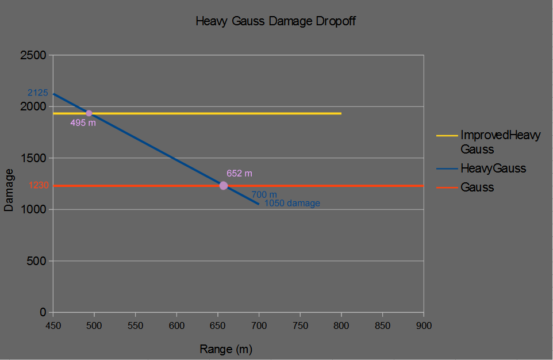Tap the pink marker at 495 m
tap(89, 113)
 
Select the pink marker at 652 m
tap(224, 185)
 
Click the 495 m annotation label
tap(83, 123)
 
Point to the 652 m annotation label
tap(239, 173)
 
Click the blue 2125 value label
tap(38, 93)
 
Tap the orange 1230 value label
tap(39, 185)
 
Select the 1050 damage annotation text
tap(292, 203)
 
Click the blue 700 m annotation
tap(264, 195)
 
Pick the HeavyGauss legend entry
tap(493, 168)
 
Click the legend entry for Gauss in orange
tap(477, 187)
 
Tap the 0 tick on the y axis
tap(43, 312)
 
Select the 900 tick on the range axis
tap(424, 325)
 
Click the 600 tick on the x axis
tap(176, 325)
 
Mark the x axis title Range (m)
tap(226, 349)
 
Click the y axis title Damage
tap(9, 190)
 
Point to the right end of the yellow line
tap(341, 113)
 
